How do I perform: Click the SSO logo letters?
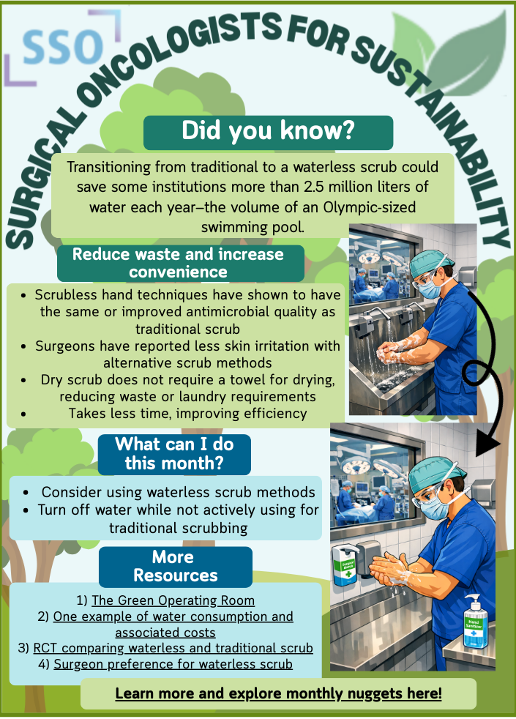[x=62, y=48]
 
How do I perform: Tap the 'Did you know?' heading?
[x=268, y=130]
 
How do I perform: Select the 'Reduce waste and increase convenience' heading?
[x=179, y=263]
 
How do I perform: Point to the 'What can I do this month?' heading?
[x=175, y=453]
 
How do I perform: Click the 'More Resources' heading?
[x=176, y=566]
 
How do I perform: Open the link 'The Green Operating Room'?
[x=173, y=600]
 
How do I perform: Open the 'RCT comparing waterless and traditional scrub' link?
[x=173, y=648]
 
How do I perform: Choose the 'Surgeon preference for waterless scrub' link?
[x=173, y=664]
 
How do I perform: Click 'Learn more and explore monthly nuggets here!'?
[x=279, y=693]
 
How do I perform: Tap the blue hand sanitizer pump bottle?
[x=476, y=622]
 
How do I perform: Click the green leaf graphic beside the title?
[x=452, y=48]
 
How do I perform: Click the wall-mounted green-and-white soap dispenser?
[x=344, y=565]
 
